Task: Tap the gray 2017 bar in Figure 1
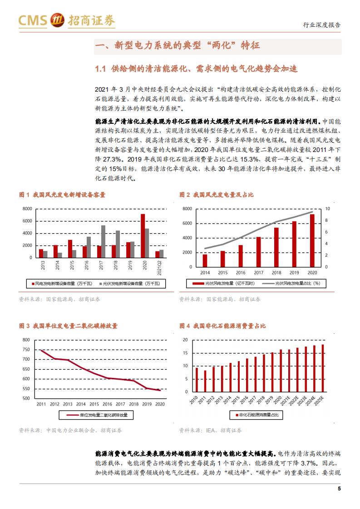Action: coord(104,241)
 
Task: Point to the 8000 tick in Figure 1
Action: coord(27,209)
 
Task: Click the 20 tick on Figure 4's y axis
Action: coord(185,340)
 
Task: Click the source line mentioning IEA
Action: coord(210,430)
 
